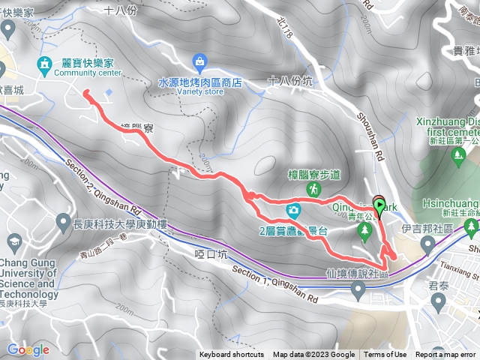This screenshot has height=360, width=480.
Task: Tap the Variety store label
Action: pyautogui.click(x=202, y=92)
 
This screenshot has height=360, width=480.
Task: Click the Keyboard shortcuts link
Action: pyautogui.click(x=232, y=355)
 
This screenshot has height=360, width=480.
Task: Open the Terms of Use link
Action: pyautogui.click(x=385, y=355)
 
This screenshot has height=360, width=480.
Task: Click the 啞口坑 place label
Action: pyautogui.click(x=210, y=254)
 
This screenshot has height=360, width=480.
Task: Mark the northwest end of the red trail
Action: pyautogui.click(x=85, y=92)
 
